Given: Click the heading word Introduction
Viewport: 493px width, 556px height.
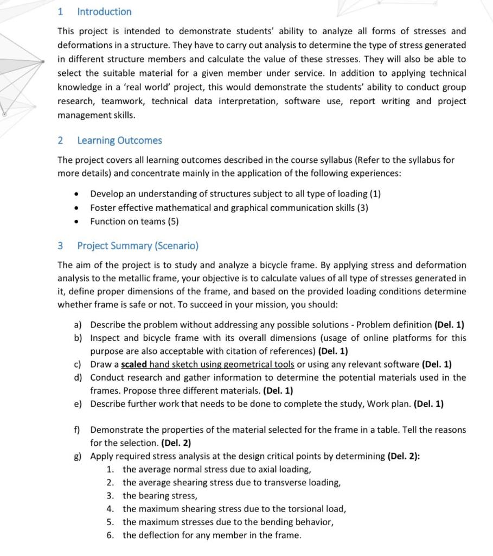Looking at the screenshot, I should tap(104, 11).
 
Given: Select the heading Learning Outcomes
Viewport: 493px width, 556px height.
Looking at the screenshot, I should tap(119, 140).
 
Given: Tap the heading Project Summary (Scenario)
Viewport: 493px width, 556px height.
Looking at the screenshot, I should tap(138, 245).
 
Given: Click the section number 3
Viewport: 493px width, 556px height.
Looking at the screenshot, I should tap(60, 245).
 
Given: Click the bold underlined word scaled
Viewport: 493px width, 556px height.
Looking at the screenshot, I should tap(134, 364).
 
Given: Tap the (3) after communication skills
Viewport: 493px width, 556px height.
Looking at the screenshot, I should tap(362, 207).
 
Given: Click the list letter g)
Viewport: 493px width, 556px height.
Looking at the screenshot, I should tap(78, 456).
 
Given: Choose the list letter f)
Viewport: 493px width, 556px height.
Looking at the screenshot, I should tap(78, 429).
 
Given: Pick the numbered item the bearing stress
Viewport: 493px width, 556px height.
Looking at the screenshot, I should tap(159, 495).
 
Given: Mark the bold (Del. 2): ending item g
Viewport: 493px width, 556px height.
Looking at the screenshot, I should tap(404, 456).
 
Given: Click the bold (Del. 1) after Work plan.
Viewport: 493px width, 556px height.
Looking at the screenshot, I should tap(428, 403).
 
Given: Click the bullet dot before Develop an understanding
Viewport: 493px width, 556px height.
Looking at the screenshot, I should tap(79, 194).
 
